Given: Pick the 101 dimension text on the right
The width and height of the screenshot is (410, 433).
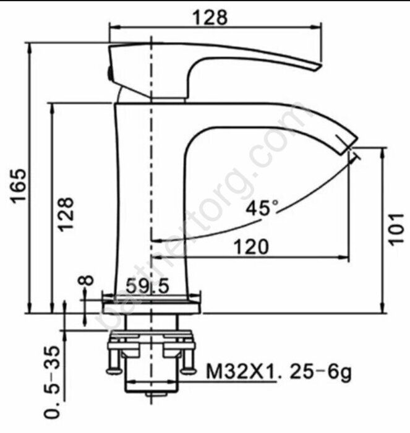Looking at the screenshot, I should (397, 228).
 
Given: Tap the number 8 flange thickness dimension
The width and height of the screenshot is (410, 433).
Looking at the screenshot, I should (87, 281).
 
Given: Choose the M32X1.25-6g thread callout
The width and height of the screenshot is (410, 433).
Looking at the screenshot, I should (278, 373).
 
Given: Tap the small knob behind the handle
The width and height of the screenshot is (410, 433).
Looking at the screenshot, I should (111, 72).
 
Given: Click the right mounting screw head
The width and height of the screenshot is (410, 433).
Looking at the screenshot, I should (189, 370).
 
